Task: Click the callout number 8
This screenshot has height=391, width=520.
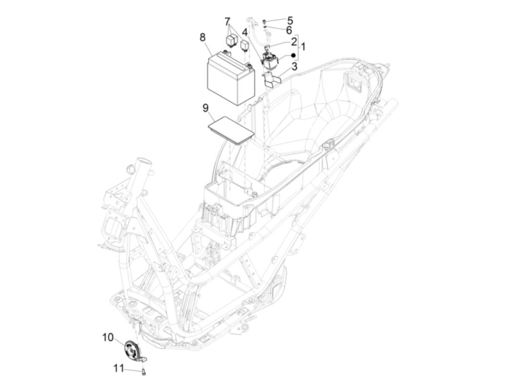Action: coord(202,38)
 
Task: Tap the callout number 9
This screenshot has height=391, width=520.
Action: coord(205,109)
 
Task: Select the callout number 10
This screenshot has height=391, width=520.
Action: coord(108,337)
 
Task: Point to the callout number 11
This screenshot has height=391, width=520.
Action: coord(118,368)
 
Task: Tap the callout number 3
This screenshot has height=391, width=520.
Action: coord(294,67)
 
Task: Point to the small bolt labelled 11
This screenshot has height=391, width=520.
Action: coord(144,371)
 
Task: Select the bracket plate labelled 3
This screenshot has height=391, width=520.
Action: coord(271,79)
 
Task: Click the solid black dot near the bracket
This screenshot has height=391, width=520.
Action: coord(293,56)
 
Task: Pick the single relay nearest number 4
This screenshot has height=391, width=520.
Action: coord(244,46)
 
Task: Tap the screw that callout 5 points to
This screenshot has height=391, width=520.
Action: coord(264,21)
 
